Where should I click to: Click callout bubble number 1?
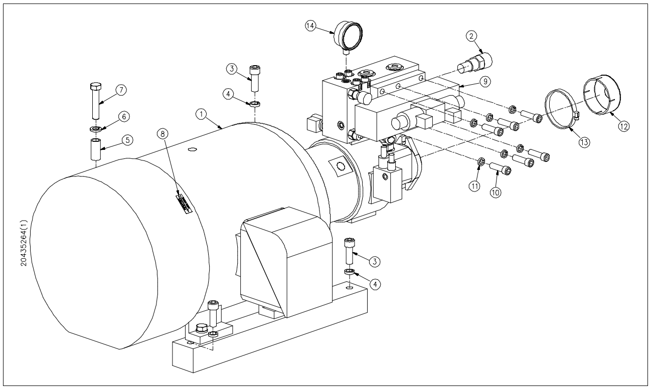(x=199, y=114)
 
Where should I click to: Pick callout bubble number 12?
(x=623, y=127)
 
